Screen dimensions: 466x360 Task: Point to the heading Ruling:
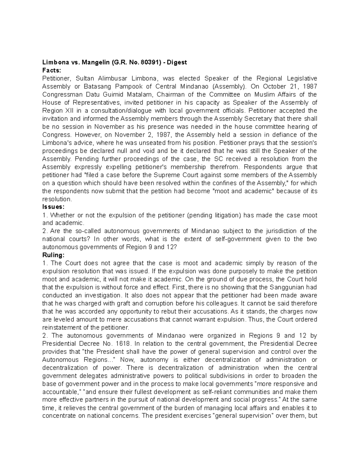click(x=53, y=255)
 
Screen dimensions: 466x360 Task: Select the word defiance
click(x=286, y=135)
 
